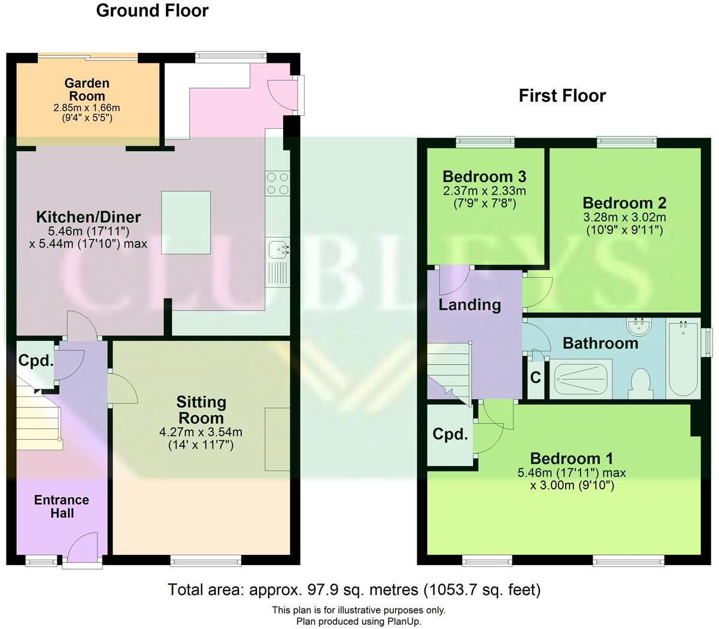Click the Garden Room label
coord(87,89)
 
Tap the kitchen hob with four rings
coord(277,183)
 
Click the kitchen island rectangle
coord(186,223)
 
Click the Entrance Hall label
coord(61,506)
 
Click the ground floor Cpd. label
coord(35,361)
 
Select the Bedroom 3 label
coord(484,177)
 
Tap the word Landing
coord(469,304)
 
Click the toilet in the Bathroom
coord(641,383)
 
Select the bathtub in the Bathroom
coord(683,358)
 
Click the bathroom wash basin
coord(641,326)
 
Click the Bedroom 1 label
coord(571,459)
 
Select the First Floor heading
coord(562,96)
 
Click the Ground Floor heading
coord(152,11)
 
